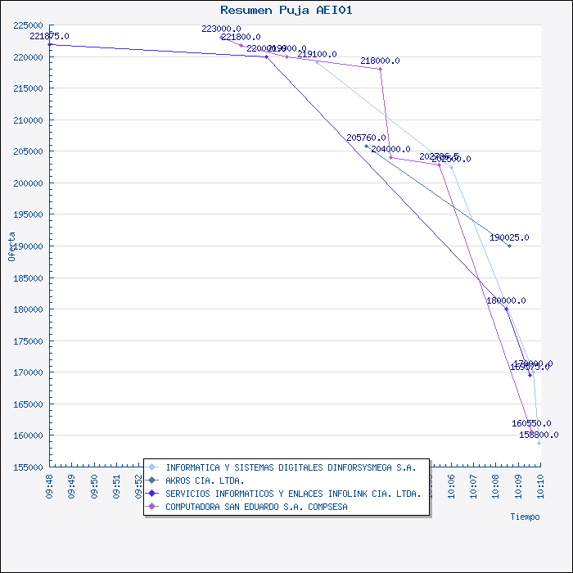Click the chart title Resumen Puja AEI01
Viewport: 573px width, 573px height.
286,10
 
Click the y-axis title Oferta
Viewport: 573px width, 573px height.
11,246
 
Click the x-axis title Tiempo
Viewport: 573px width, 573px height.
525,517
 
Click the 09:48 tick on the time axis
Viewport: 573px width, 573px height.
50,485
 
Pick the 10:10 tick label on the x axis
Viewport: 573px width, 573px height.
539,485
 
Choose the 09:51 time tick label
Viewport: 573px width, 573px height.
116,485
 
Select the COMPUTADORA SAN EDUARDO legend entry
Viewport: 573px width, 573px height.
256,507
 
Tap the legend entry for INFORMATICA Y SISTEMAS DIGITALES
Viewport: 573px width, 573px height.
291,467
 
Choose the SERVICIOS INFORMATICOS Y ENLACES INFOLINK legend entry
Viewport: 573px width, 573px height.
293,494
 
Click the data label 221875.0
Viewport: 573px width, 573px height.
49,37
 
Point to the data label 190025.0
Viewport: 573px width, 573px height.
509,237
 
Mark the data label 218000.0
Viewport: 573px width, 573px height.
380,61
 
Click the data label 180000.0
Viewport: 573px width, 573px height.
506,300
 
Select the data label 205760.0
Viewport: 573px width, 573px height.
366,138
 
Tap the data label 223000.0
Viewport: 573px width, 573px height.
221,29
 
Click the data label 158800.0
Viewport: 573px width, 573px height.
539,435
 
